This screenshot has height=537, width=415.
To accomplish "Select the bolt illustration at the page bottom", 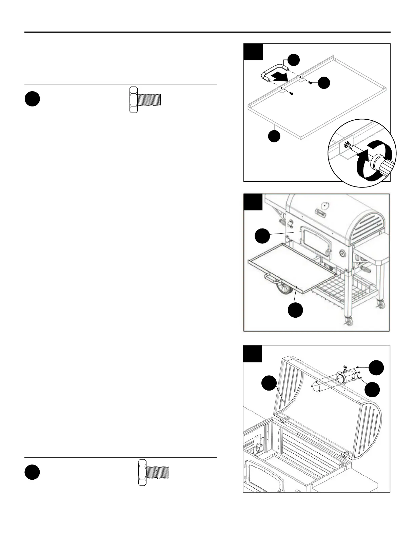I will click(154, 473).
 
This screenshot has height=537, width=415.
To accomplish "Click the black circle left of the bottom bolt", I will click(32, 473).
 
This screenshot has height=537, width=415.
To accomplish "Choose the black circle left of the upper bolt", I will click(32, 100).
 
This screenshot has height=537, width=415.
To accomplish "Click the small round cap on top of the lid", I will click(325, 205).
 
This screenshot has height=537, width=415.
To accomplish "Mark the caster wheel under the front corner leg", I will click(348, 320).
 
